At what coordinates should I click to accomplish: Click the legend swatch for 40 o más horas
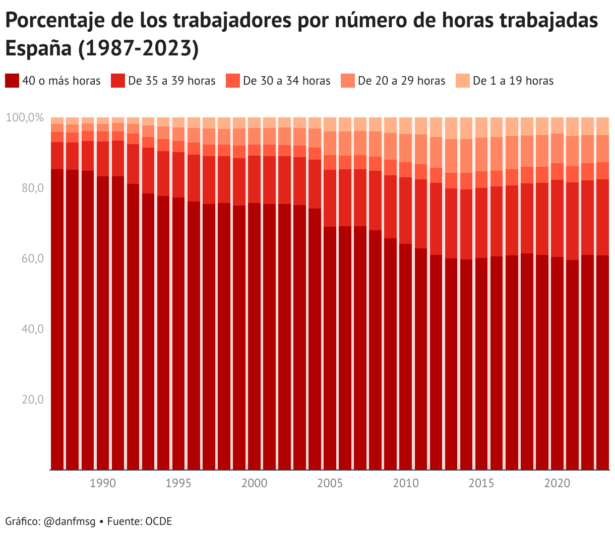(12, 81)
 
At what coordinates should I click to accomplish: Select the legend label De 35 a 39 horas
(171, 81)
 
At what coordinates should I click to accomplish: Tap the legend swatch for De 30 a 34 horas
(232, 81)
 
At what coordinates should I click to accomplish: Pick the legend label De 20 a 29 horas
(401, 81)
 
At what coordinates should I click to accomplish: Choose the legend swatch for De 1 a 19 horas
(463, 81)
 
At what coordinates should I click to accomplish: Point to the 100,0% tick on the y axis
(25, 118)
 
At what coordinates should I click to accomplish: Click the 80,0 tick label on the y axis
(33, 188)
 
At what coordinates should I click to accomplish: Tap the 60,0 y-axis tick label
(33, 259)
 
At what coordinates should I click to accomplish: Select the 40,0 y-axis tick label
(33, 329)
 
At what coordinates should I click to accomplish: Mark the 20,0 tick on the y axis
(33, 400)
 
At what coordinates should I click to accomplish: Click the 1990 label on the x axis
(103, 483)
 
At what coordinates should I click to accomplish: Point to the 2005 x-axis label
(330, 483)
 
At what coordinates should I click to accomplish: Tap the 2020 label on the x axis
(557, 483)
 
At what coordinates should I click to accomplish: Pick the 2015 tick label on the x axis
(481, 483)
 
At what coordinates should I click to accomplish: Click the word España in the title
(38, 49)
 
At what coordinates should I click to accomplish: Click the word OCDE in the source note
(159, 521)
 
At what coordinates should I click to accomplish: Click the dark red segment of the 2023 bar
(603, 363)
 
